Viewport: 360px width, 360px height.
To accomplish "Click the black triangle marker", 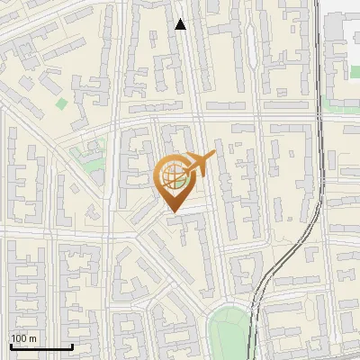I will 180,24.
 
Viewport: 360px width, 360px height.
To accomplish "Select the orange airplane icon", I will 198,165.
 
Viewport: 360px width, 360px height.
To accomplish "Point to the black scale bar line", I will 41,346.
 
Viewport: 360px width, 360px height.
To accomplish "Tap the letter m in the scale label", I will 32,338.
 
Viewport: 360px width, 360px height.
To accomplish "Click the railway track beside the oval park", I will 255,315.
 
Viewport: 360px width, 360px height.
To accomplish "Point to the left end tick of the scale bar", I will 11,346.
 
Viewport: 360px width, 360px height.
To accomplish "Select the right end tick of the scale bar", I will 72,346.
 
